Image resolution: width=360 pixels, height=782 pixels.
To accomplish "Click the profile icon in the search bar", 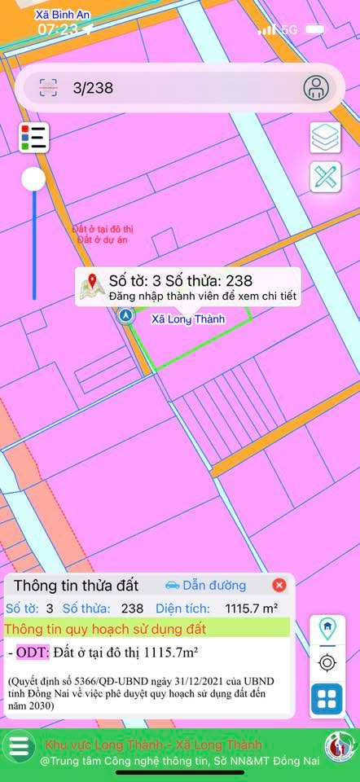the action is click(x=315, y=88).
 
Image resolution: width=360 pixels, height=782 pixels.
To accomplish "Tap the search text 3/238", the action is click(x=93, y=88).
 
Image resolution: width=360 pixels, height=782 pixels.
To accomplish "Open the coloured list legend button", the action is click(x=34, y=137).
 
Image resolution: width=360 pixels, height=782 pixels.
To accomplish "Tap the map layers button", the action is click(x=326, y=138).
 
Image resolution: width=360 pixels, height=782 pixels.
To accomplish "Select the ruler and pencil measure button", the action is click(x=326, y=178).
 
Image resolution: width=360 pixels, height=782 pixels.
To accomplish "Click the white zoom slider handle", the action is click(x=33, y=179).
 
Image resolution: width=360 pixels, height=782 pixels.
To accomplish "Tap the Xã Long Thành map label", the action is click(x=188, y=319).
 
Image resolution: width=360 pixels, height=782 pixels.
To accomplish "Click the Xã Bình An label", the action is click(x=63, y=15).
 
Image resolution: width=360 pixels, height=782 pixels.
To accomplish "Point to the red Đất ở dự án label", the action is click(x=103, y=240).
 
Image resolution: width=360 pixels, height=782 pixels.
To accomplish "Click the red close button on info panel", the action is click(x=279, y=585).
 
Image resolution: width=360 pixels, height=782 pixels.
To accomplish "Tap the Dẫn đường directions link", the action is click(x=205, y=585).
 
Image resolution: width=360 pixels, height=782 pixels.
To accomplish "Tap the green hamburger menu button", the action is click(x=20, y=747).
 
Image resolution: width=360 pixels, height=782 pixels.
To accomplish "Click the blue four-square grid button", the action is click(x=327, y=699).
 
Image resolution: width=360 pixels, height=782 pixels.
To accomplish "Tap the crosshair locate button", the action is click(x=327, y=663).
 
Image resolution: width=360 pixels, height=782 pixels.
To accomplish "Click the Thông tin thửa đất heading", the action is click(x=77, y=585).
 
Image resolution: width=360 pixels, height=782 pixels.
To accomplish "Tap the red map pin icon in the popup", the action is click(x=92, y=286).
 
